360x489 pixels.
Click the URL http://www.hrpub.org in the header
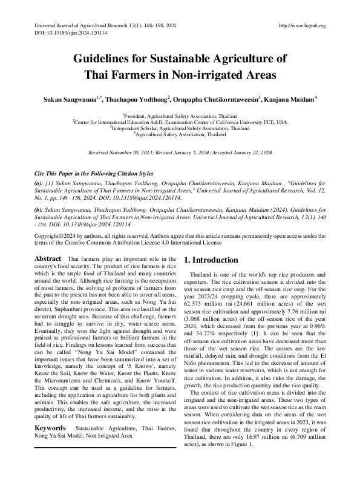tap(301, 25)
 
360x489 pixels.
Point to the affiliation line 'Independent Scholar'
tap(180, 128)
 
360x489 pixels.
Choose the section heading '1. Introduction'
tap(211, 260)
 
